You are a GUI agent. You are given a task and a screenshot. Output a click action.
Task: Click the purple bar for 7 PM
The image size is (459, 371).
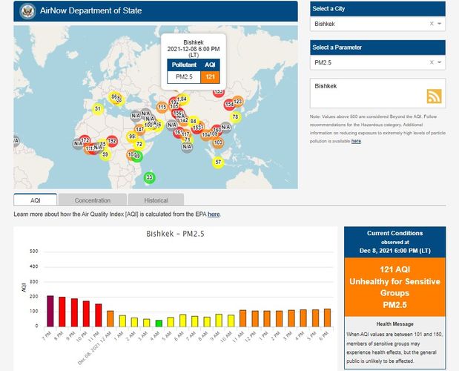(50, 311)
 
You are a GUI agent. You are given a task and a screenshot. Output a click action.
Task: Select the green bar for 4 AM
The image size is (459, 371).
(159, 323)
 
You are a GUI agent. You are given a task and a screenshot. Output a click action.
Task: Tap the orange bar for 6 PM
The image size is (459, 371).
(327, 318)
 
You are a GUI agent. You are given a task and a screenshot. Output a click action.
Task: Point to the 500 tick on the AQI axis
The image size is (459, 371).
(33, 251)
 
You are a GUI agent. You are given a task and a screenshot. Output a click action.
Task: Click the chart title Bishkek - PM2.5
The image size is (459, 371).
(175, 234)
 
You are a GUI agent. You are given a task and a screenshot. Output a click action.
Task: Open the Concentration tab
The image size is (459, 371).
(93, 200)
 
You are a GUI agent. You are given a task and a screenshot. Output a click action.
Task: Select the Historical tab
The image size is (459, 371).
(156, 200)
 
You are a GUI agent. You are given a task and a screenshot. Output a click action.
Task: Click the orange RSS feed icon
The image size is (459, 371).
(435, 96)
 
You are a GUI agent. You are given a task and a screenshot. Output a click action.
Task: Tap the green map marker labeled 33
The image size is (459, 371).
(149, 177)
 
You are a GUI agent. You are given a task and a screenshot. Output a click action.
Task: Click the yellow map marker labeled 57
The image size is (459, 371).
(218, 162)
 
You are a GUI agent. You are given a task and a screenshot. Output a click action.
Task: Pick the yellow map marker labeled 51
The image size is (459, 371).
(97, 109)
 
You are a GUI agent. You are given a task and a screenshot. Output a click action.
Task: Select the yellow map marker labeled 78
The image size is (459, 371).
(236, 116)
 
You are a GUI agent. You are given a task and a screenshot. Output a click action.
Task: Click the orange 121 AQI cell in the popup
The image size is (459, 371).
(210, 76)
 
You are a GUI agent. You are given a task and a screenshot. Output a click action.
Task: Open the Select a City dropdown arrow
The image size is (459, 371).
(440, 24)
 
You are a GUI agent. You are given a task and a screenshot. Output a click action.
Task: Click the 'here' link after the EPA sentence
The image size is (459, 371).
(214, 214)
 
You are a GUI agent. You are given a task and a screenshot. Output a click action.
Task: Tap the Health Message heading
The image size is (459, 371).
(394, 324)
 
